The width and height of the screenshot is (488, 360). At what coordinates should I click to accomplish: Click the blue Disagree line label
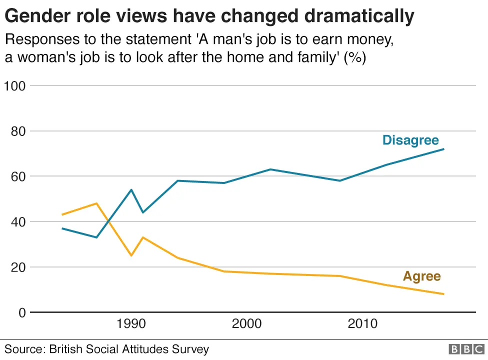pyautogui.click(x=410, y=140)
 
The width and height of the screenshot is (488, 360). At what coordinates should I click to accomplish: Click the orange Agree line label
pyautogui.click(x=421, y=276)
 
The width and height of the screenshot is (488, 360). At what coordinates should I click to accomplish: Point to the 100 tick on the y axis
pyautogui.click(x=14, y=85)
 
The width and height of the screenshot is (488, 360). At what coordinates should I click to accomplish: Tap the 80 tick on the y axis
pyautogui.click(x=17, y=131)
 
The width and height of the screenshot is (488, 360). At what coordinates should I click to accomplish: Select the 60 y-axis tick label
pyautogui.click(x=17, y=176)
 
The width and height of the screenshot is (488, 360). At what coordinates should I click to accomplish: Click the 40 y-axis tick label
pyautogui.click(x=17, y=221)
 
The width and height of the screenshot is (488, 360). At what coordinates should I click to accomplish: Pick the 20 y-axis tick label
pyautogui.click(x=17, y=267)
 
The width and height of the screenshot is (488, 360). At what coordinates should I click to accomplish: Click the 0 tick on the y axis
pyautogui.click(x=21, y=312)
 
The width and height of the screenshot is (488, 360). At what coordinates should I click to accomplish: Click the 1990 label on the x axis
pyautogui.click(x=131, y=324)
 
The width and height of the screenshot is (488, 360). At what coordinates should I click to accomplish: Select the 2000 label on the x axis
pyautogui.click(x=247, y=324)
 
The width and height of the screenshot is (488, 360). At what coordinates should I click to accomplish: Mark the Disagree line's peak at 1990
pyautogui.click(x=131, y=189)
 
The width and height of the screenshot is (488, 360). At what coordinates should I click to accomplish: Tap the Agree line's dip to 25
pyautogui.click(x=131, y=255)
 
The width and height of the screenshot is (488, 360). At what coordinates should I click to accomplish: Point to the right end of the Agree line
pyautogui.click(x=443, y=294)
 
